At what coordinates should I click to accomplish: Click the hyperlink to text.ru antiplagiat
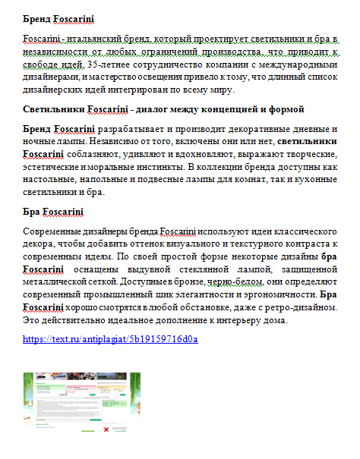coord(110,339)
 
